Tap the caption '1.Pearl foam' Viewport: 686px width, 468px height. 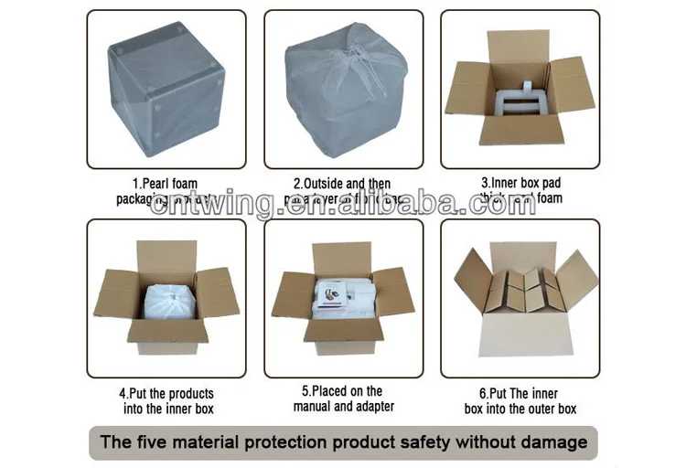(166, 184)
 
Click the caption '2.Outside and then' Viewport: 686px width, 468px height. (342, 184)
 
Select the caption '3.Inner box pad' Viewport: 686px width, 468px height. (521, 184)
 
